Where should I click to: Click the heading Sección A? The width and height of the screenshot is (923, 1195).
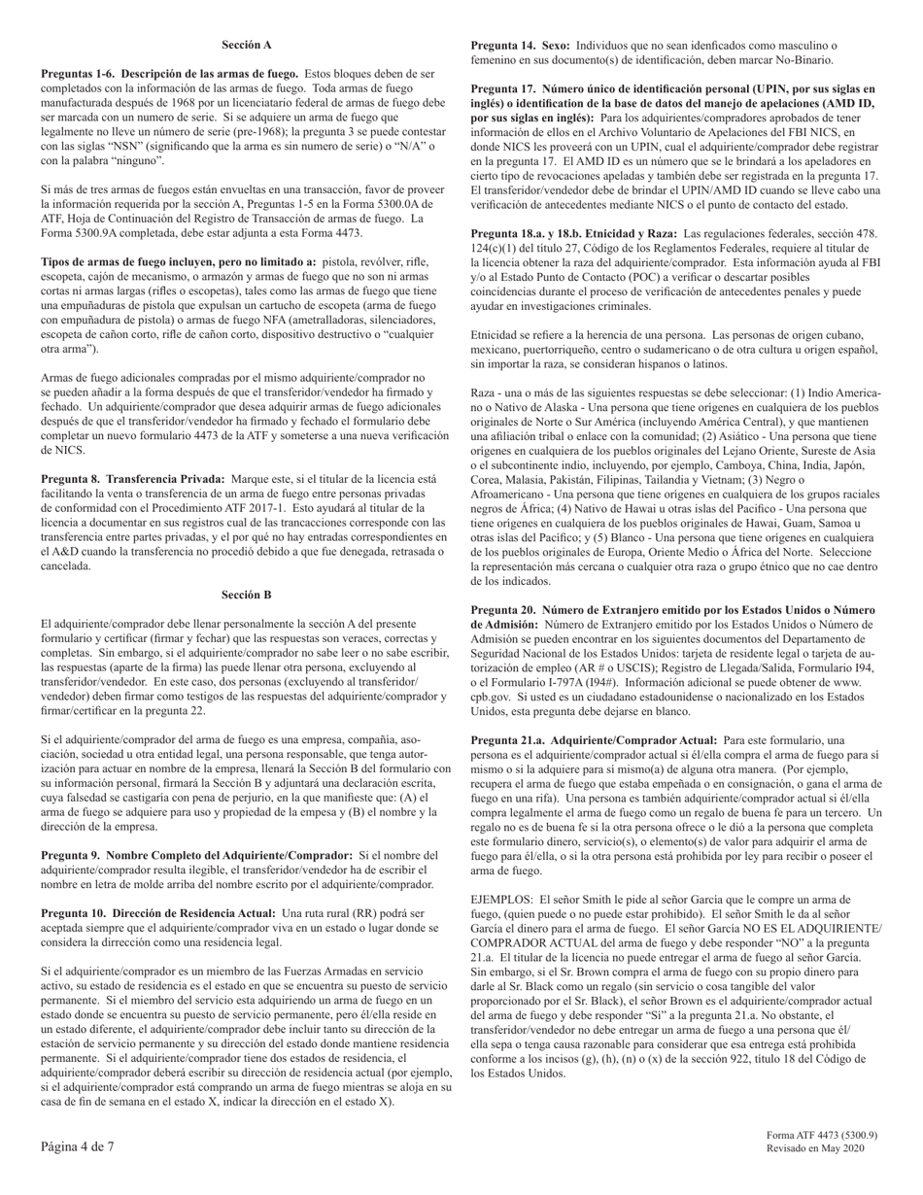point(246,45)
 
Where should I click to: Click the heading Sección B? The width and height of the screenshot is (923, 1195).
point(246,595)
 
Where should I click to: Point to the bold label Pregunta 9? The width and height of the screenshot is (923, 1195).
point(72,855)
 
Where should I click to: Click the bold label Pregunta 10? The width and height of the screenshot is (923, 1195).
point(75,913)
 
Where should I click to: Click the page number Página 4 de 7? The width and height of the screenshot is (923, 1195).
point(77,1146)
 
